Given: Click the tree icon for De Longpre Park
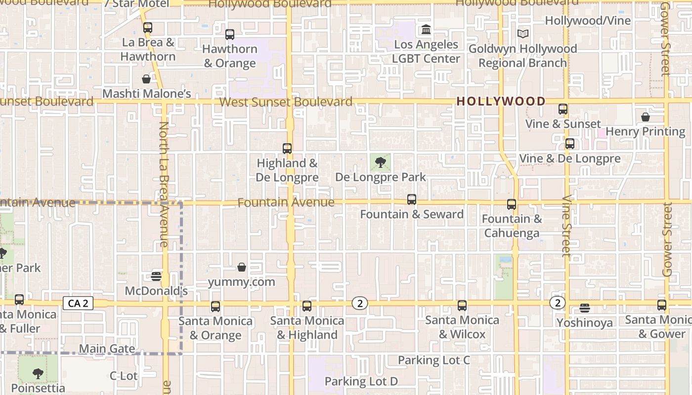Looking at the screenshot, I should click(380, 162).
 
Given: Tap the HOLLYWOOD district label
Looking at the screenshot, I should click(501, 101).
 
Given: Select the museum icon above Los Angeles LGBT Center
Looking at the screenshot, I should click(426, 30).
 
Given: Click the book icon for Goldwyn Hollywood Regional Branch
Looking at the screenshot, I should click(522, 34).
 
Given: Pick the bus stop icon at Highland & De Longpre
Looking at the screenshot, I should click(287, 148).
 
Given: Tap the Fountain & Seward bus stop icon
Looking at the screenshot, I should click(411, 199).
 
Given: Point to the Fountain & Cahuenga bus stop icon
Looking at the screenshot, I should click(512, 204).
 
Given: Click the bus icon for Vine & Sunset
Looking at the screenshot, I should click(562, 109).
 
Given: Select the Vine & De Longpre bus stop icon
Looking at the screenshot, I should click(569, 144).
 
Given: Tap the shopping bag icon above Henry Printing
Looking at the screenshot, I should click(645, 117).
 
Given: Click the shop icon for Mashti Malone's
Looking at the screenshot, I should click(146, 79).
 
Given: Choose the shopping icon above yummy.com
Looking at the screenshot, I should click(242, 267).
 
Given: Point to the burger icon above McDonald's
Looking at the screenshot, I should click(156, 276).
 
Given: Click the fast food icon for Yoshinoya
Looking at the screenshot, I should click(585, 308).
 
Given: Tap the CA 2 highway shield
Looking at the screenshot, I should click(78, 303).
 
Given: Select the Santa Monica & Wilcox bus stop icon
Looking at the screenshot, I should click(462, 306).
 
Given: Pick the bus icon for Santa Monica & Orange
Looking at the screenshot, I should click(215, 307).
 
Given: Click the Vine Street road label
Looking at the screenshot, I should click(566, 227).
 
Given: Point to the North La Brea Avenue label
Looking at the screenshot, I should click(164, 185).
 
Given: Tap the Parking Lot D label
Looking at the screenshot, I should click(361, 381).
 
